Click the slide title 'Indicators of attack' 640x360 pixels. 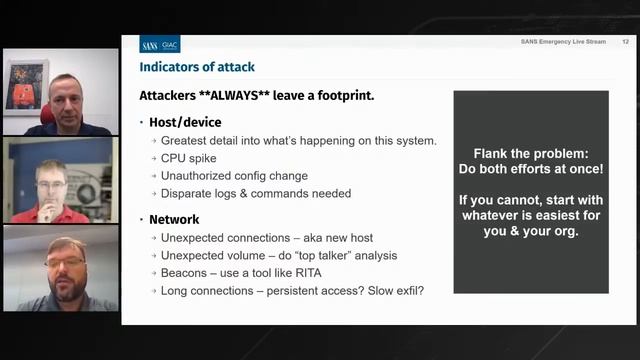(x=197, y=67)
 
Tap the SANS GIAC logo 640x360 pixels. (x=160, y=45)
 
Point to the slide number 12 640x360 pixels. (x=625, y=42)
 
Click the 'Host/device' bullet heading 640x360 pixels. (x=185, y=122)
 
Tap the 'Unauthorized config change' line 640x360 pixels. (x=234, y=176)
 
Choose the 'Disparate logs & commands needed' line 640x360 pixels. (x=256, y=194)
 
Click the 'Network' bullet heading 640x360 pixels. (x=174, y=219)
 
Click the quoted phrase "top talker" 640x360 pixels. (x=324, y=255)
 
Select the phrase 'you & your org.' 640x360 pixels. (x=530, y=232)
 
